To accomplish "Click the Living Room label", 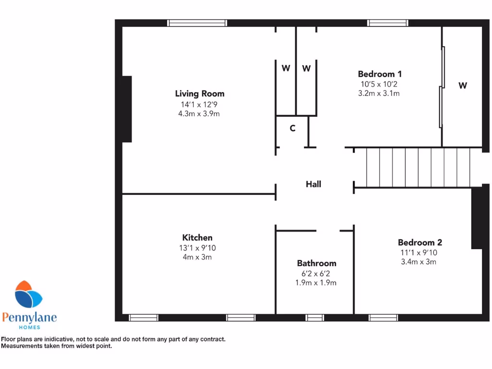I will pyautogui.click(x=199, y=94).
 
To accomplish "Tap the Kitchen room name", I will pyautogui.click(x=197, y=237).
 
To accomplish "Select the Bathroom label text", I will pyautogui.click(x=316, y=263).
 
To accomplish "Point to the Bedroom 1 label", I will pyautogui.click(x=380, y=74).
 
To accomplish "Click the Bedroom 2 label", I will pyautogui.click(x=419, y=243).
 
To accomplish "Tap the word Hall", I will pyautogui.click(x=313, y=184).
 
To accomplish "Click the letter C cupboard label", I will pyautogui.click(x=292, y=128).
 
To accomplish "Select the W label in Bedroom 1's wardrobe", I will pyautogui.click(x=462, y=86).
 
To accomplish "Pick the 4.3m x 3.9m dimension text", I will pyautogui.click(x=199, y=114).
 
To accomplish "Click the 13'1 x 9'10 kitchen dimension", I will pyautogui.click(x=197, y=248).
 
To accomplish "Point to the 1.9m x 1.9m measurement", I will pyautogui.click(x=316, y=283).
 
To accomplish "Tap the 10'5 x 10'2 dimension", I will pyautogui.click(x=380, y=84).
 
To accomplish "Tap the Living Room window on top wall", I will pyautogui.click(x=197, y=23).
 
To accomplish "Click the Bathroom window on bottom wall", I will pyautogui.click(x=315, y=318).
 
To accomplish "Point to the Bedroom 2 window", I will pyautogui.click(x=383, y=318).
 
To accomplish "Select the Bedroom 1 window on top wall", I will pyautogui.click(x=388, y=23).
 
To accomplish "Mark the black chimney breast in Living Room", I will pyautogui.click(x=127, y=109).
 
